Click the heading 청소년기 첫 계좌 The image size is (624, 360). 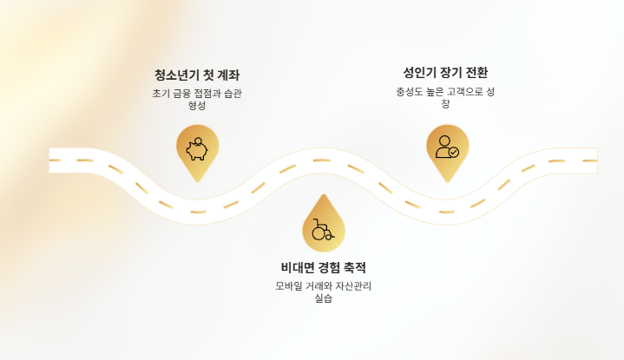(x=196, y=75)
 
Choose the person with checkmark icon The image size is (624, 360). (x=447, y=147)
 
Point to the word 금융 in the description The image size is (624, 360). (x=179, y=94)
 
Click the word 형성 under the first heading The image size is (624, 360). (x=197, y=106)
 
